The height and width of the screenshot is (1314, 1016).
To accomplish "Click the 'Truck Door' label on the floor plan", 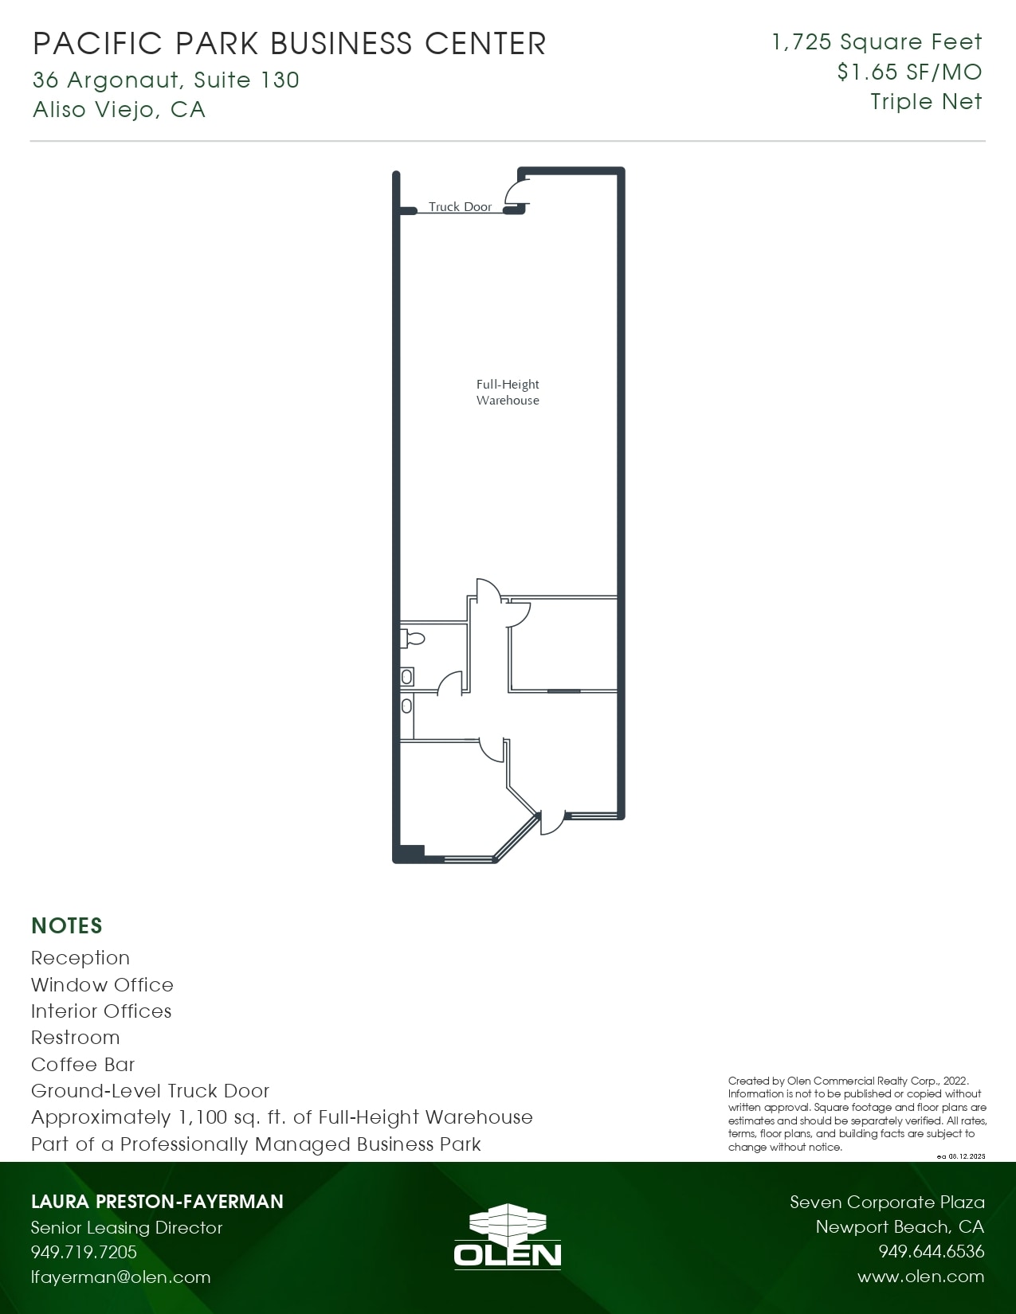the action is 460,207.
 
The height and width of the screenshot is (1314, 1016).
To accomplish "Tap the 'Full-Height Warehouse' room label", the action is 508,392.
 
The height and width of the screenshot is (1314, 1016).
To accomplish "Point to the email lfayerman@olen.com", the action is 121,1277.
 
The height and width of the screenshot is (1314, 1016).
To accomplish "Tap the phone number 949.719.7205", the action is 84,1251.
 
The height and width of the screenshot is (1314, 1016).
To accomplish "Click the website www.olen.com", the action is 921,1276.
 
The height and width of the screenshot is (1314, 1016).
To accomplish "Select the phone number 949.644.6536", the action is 932,1250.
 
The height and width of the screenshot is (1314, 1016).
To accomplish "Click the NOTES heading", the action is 67,926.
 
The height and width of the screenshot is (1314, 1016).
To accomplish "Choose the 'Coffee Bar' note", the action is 83,1064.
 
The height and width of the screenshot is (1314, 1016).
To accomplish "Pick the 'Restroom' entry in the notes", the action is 76,1037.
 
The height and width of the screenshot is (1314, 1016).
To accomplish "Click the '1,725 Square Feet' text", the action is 877,41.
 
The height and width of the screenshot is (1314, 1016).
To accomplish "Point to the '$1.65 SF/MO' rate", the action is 909,72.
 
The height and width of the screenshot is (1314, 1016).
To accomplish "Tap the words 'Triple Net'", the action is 927,102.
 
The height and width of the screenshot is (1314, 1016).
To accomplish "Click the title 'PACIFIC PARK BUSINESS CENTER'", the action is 289,44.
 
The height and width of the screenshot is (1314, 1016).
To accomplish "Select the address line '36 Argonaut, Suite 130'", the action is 166,80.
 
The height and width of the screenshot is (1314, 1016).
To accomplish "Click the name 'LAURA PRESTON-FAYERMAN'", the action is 157,1201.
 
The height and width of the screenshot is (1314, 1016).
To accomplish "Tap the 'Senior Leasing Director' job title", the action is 127,1227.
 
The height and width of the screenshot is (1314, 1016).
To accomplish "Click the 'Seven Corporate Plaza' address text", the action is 887,1202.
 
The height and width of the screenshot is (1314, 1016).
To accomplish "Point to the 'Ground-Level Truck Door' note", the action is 150,1090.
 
